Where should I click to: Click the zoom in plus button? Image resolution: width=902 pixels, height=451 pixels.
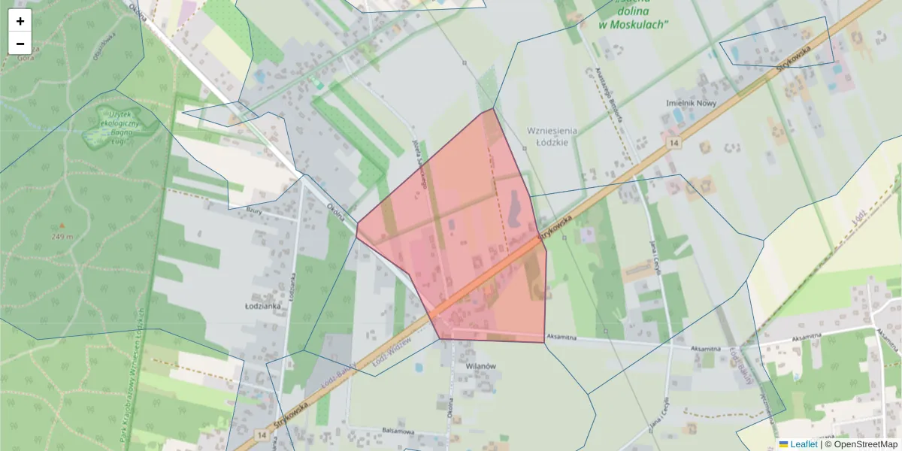[20, 21]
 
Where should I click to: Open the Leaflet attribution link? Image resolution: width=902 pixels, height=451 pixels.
[804, 444]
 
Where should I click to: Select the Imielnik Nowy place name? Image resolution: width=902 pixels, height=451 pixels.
[692, 103]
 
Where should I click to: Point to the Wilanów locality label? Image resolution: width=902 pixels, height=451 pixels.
[482, 365]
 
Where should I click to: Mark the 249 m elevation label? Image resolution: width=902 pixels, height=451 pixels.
[63, 237]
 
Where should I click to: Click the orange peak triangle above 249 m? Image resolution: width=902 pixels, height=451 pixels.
[62, 225]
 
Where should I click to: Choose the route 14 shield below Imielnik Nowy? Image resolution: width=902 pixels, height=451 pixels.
[676, 143]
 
